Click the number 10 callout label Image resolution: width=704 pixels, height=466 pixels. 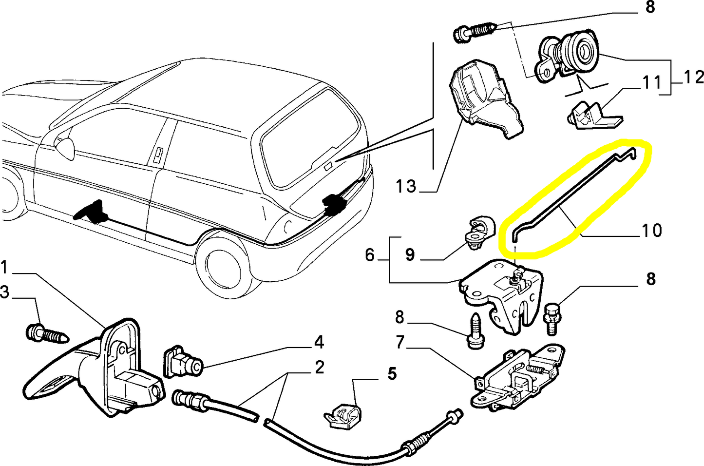pyautogui.click(x=652, y=230)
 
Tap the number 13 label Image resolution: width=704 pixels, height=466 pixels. pyautogui.click(x=405, y=186)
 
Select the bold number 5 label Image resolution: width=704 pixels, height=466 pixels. pyautogui.click(x=392, y=374)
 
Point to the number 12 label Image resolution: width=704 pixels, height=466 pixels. pyautogui.click(x=693, y=77)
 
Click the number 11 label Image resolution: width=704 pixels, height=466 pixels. pyautogui.click(x=651, y=82)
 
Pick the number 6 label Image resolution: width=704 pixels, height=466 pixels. pyautogui.click(x=370, y=254)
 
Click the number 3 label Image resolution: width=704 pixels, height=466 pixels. pyautogui.click(x=5, y=292)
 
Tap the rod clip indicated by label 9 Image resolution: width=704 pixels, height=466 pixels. pyautogui.click(x=480, y=232)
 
